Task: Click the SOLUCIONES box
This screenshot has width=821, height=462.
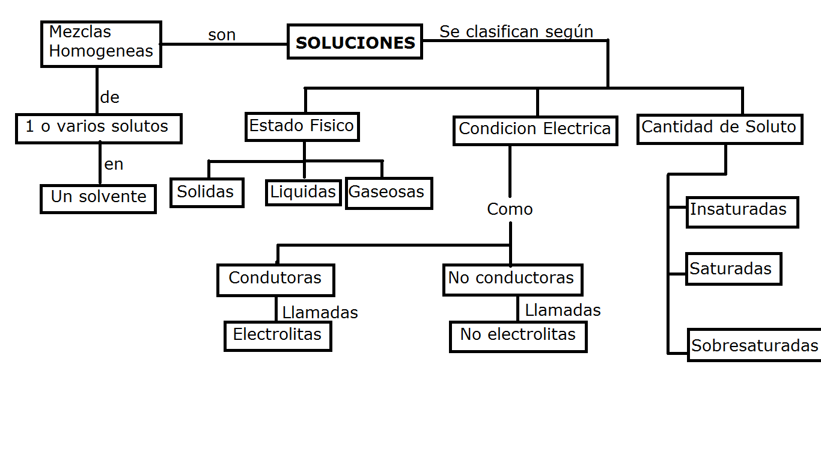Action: (355, 42)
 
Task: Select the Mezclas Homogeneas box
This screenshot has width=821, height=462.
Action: (101, 44)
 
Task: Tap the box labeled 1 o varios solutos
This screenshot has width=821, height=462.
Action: (99, 128)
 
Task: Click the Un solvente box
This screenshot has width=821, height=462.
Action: (99, 199)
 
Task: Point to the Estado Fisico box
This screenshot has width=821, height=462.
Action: (302, 127)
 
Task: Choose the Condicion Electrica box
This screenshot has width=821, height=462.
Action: (535, 130)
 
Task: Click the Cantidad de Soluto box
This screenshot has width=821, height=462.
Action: (719, 129)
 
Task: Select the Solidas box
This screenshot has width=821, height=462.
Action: (207, 192)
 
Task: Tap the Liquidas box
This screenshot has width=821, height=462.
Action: (304, 192)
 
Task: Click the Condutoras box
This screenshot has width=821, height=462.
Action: (275, 280)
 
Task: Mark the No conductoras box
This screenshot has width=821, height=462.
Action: (512, 280)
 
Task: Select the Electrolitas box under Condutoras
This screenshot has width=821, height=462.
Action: (278, 336)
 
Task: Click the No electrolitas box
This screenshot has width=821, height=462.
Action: (518, 336)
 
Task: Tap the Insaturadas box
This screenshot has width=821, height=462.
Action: (742, 212)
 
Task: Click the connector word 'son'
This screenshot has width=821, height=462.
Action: (222, 35)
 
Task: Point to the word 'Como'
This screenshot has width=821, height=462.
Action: (510, 209)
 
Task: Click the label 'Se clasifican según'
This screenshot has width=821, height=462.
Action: (516, 32)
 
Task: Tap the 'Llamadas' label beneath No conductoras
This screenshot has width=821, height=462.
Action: (563, 310)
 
